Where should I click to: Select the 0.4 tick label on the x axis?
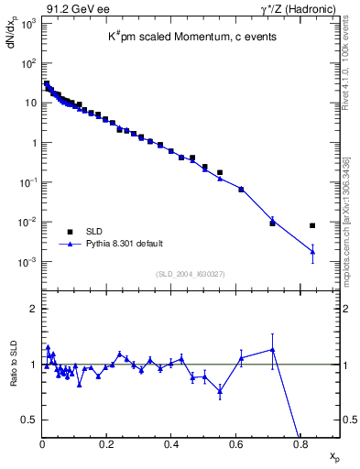click(x=171, y=444)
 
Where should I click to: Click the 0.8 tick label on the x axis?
click(x=300, y=444)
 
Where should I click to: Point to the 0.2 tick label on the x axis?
click(x=107, y=444)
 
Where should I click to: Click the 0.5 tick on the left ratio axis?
click(x=30, y=420)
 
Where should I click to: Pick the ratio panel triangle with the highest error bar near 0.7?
click(x=272, y=349)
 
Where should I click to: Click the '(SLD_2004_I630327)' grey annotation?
click(x=191, y=274)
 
